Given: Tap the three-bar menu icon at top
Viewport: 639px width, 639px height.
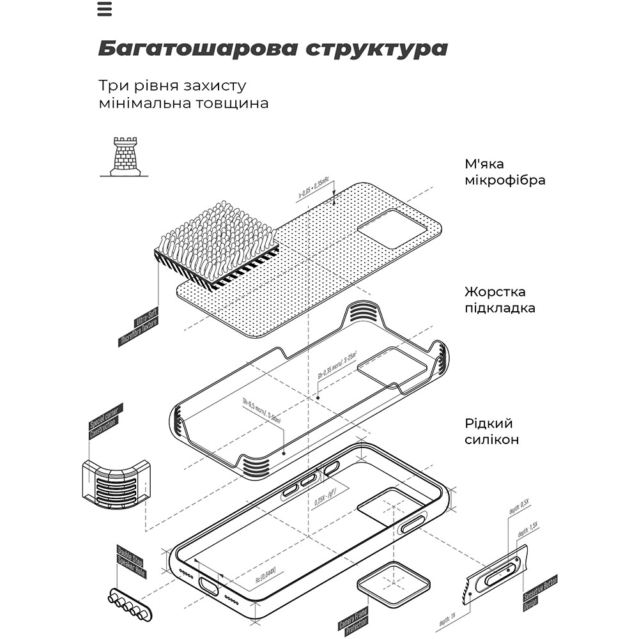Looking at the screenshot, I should click(x=105, y=9).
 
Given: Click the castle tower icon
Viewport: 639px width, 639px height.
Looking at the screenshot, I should click(x=125, y=157).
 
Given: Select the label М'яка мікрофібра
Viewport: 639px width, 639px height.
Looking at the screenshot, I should click(x=505, y=172).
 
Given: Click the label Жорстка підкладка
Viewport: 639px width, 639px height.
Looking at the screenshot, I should click(x=500, y=300).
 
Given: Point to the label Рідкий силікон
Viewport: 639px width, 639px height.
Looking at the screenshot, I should click(x=491, y=431).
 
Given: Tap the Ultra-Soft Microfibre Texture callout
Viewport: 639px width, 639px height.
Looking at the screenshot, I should click(x=139, y=327).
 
